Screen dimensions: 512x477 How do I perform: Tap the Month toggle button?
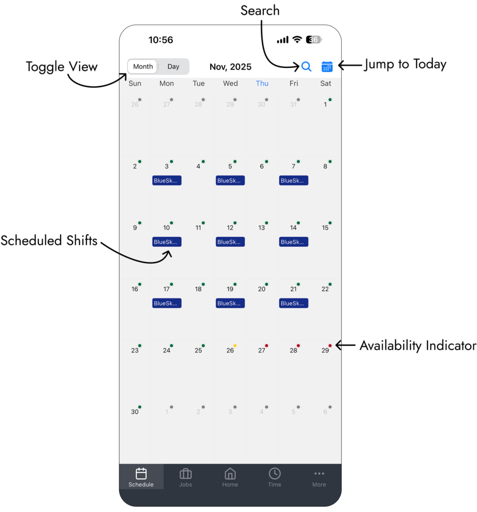143,66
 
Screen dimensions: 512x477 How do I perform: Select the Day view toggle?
173,66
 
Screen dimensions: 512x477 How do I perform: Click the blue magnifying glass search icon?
306,66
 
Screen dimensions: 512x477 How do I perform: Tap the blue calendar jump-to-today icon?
327,66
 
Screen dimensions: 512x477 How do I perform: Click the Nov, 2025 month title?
230,67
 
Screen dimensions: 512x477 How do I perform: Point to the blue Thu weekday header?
262,83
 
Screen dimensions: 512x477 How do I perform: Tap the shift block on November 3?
167,180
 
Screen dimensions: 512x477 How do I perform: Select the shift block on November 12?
230,242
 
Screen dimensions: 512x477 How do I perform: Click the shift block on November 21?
294,303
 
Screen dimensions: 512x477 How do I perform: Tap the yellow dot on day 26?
235,345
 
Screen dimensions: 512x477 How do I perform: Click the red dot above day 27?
267,345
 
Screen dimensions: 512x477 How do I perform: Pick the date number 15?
325,228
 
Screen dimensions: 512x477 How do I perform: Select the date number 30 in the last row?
135,412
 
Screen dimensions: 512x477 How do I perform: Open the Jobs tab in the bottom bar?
186,477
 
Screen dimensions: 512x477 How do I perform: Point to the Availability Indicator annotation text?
417,345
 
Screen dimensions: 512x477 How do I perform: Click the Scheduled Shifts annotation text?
49,240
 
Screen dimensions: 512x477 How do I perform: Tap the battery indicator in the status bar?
314,39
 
